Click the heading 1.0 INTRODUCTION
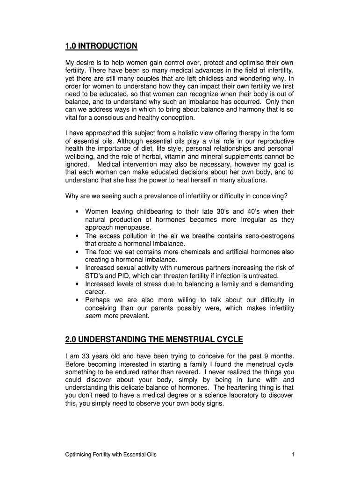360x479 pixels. click(101, 46)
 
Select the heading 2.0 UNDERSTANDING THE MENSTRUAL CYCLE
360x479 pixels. click(154, 339)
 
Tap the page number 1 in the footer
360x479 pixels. click(292, 454)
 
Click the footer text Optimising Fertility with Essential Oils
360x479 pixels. click(111, 454)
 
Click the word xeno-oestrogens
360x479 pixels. click(267, 236)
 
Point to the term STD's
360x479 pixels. click(94, 276)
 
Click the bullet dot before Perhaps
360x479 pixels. click(76, 300)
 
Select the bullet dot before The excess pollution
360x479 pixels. click(76, 236)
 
